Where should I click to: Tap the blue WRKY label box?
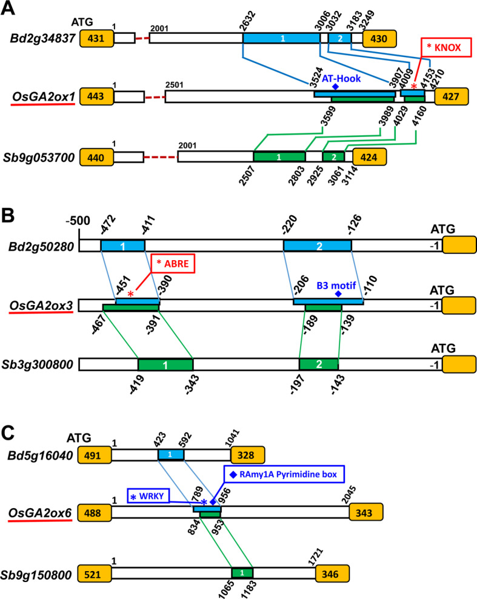150,497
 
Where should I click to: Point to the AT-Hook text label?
338,79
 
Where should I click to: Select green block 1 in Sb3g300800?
165,364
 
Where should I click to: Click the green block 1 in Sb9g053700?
279,157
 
